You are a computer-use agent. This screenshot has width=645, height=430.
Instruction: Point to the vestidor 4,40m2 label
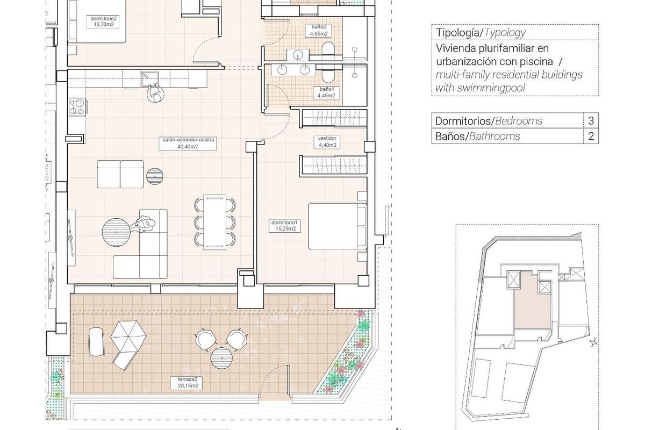tap(327, 141)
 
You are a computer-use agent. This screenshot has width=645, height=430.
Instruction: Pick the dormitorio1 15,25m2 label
tap(284, 225)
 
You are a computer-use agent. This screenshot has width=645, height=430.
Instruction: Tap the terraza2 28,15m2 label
tap(188, 382)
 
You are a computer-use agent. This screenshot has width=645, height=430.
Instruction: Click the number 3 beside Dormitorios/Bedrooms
tap(591, 121)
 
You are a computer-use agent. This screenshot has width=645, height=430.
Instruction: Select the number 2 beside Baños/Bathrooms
tap(591, 137)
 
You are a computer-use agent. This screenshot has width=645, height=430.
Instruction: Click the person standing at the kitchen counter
tap(154, 94)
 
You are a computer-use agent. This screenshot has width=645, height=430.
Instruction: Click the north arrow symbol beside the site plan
tap(593, 342)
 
